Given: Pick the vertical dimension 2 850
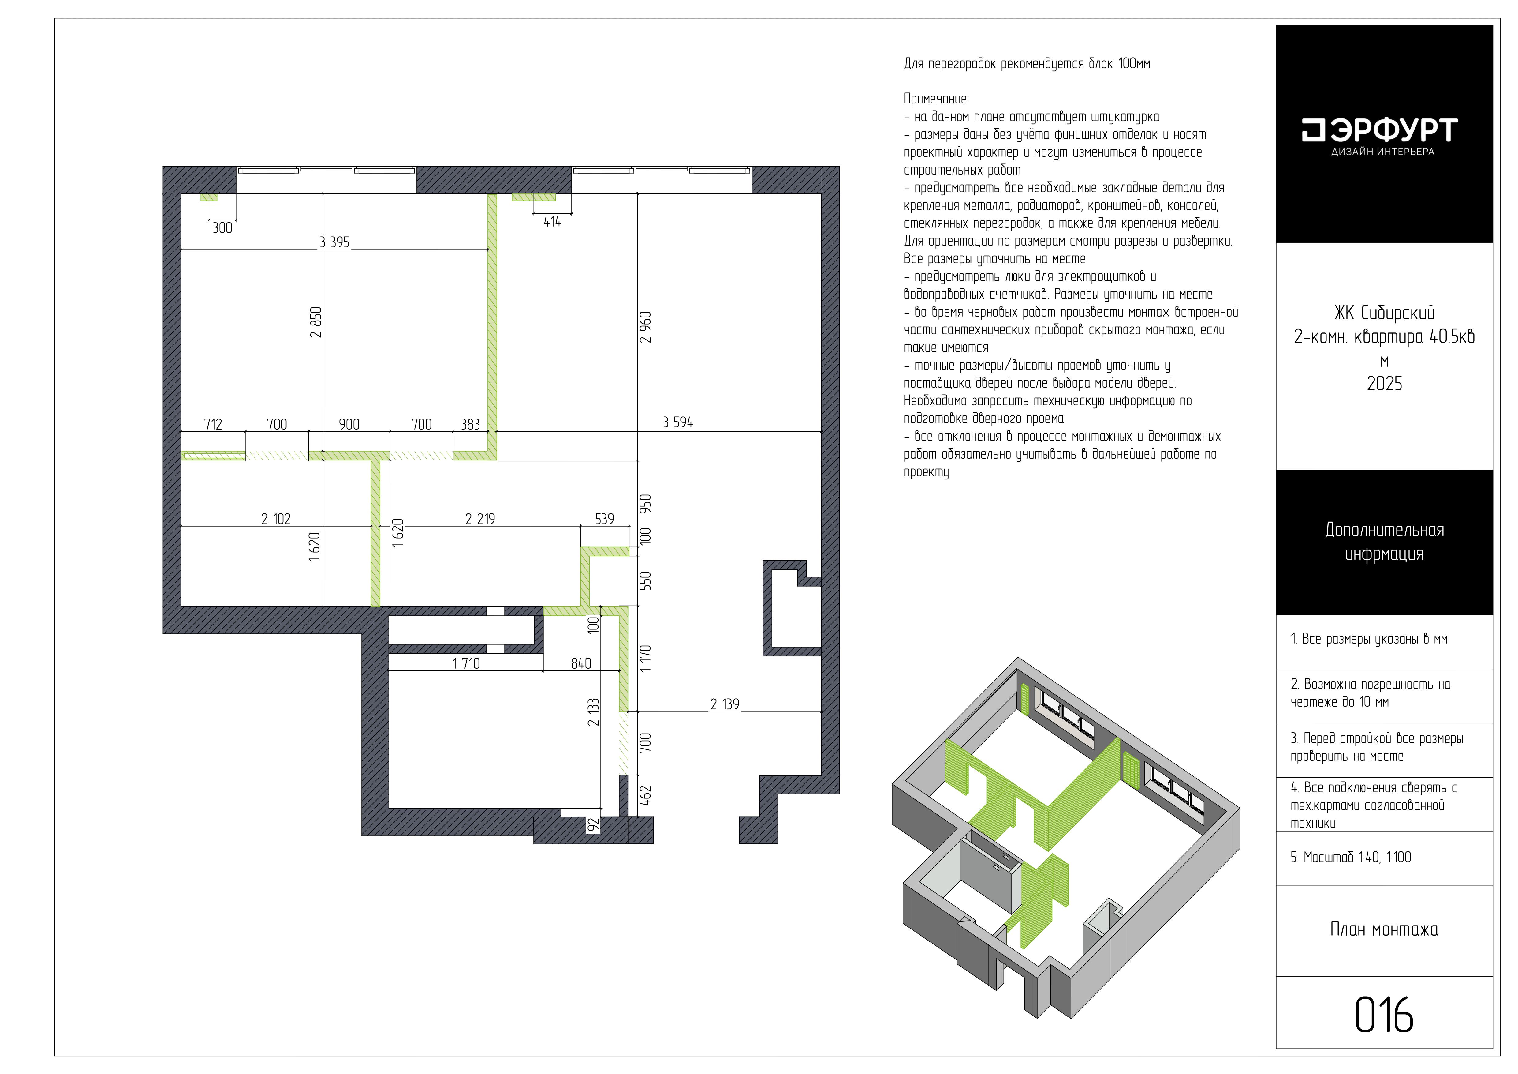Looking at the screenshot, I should (316, 322).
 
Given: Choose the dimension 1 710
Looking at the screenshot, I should (466, 663).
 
